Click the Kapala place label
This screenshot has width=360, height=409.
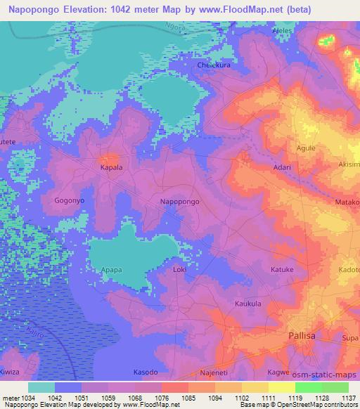click(110, 168)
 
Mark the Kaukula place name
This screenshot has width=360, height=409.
click(248, 303)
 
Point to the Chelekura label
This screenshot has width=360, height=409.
click(214, 64)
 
